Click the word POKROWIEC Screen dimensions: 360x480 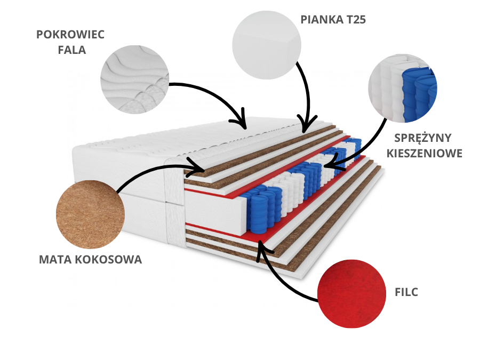point(70,35)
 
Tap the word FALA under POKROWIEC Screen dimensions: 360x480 point(71,50)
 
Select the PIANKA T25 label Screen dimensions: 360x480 point(333,20)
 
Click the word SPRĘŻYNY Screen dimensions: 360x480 point(423,138)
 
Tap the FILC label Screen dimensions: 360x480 point(407,292)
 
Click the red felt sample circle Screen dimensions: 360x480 point(351,294)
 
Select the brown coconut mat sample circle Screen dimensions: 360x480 point(91,214)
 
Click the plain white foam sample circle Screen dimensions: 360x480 point(266,45)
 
